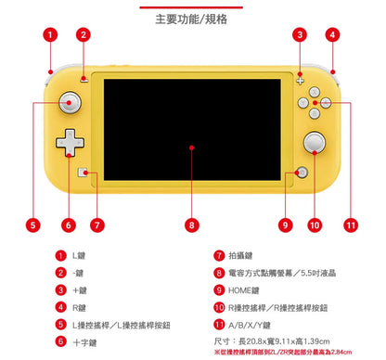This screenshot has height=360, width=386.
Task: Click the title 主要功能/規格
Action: point(192,18)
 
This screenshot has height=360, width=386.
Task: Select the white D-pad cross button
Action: point(70,144)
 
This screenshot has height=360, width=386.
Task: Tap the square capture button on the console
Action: point(85,173)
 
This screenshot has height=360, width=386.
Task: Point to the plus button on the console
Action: point(300,80)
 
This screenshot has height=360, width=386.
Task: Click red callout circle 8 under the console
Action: point(192,225)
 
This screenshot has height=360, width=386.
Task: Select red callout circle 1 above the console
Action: point(49,35)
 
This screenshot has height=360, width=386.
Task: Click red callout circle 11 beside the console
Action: point(350,225)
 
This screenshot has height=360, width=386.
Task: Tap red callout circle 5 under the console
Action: point(33,225)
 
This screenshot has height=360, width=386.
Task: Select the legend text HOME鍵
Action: point(243,289)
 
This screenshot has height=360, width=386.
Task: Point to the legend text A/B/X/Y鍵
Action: point(250,324)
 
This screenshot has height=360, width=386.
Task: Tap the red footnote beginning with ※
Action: point(282,354)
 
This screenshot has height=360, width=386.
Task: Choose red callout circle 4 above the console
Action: point(332,35)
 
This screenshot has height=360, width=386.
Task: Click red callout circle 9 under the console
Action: point(286,225)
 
